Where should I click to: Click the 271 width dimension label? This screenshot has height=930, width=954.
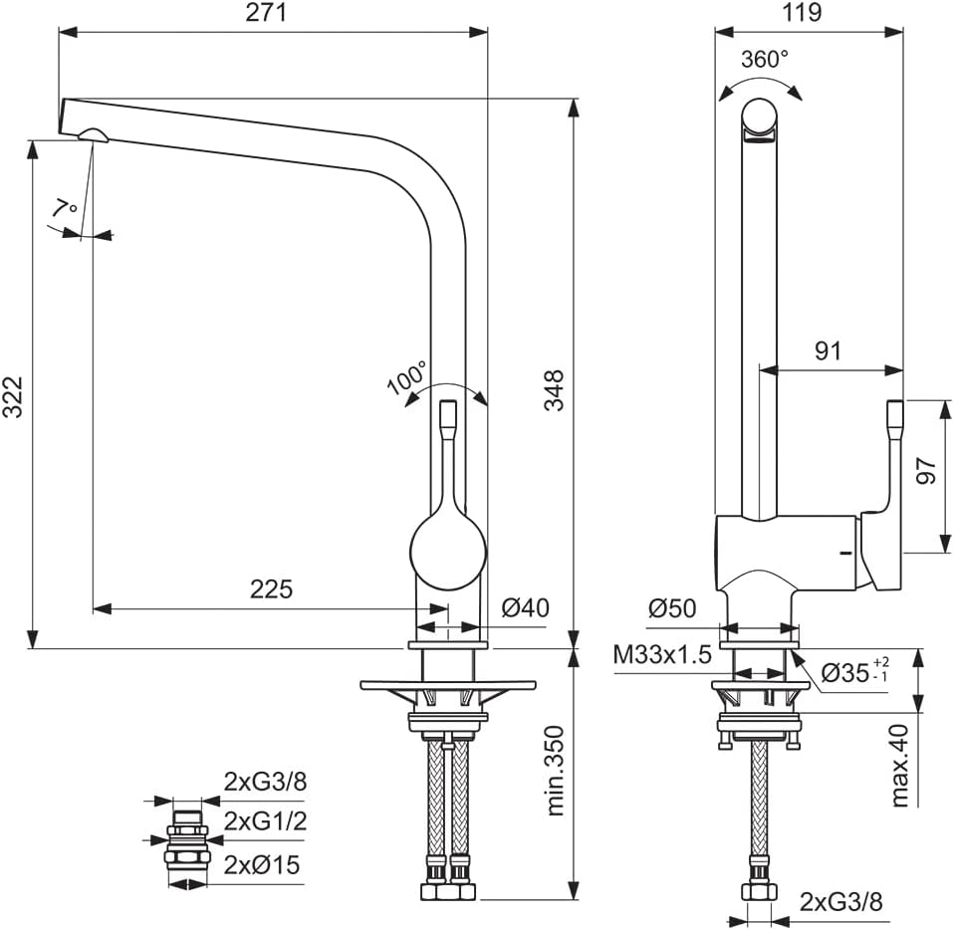tap(272, 13)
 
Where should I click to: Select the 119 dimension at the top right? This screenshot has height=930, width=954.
tap(802, 13)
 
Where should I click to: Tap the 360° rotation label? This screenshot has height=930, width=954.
tap(765, 59)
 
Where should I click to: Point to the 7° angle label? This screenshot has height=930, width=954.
tap(66, 208)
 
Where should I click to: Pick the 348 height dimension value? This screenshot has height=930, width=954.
tap(554, 390)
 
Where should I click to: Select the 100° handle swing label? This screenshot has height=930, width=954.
tap(407, 379)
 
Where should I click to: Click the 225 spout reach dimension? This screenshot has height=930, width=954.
tap(271, 589)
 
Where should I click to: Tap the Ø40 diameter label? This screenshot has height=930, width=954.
tap(525, 608)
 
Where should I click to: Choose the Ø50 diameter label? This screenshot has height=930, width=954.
tap(673, 608)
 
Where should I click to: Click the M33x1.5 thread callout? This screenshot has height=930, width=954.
tap(662, 654)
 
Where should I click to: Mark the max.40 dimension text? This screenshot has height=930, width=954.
tap(900, 765)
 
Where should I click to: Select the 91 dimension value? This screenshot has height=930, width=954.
tap(829, 350)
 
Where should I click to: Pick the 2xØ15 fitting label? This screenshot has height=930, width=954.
tap(262, 865)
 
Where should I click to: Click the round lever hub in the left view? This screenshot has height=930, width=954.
tap(448, 550)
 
